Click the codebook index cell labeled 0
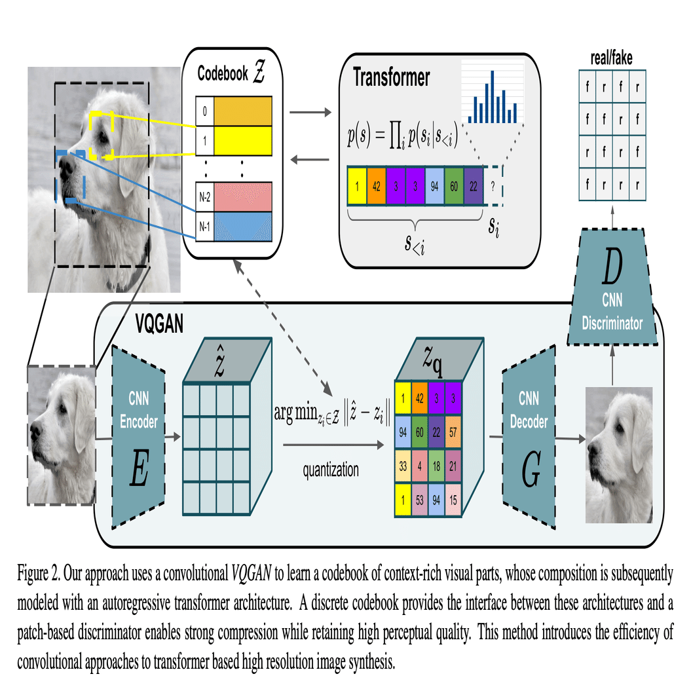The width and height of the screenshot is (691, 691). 205,111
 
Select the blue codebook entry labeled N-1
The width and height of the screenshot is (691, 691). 243,224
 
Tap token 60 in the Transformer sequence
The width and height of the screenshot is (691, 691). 453,185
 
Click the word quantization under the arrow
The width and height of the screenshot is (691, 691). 330,469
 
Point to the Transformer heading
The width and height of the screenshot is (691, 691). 392,77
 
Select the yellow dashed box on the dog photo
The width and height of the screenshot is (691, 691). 102,134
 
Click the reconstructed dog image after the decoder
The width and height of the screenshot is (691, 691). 618,453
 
